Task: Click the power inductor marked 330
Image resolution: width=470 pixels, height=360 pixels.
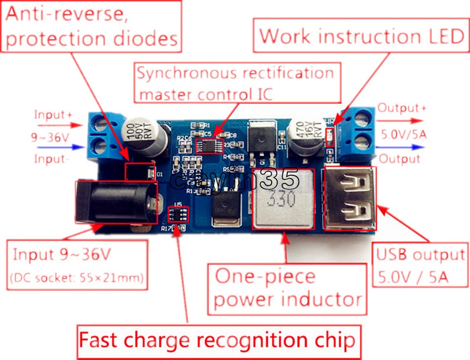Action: (283, 200)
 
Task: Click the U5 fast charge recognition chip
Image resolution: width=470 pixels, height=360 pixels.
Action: (179, 214)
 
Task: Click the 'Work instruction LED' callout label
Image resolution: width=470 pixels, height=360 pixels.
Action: (361, 36)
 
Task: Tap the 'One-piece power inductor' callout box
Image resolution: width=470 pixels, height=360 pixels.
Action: (288, 288)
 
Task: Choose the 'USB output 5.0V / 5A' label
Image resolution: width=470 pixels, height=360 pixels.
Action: (420, 266)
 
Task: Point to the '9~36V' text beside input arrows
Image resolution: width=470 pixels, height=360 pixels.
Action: (50, 137)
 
